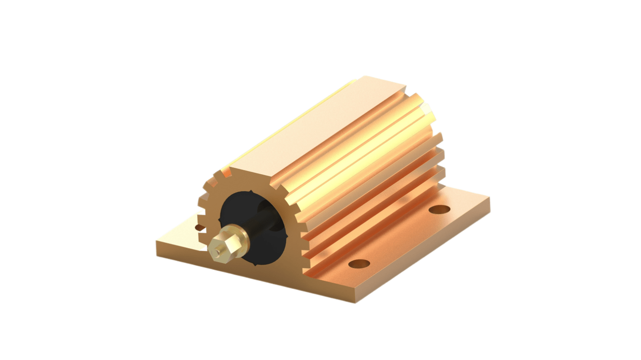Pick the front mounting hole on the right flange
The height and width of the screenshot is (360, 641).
pos(359,263)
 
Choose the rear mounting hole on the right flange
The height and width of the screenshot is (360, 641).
pos(439,209)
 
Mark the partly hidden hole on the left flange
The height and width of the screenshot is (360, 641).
pos(199,227)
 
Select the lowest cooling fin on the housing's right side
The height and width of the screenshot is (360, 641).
pos(375,226)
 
